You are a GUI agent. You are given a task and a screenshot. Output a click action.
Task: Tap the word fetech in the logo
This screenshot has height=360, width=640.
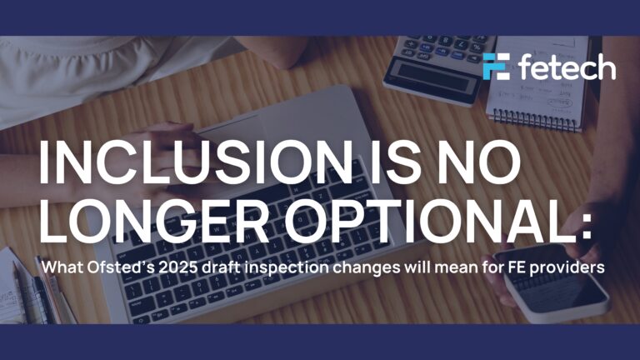click(566, 67)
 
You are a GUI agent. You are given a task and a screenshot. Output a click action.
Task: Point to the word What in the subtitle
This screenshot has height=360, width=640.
click(62, 268)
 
